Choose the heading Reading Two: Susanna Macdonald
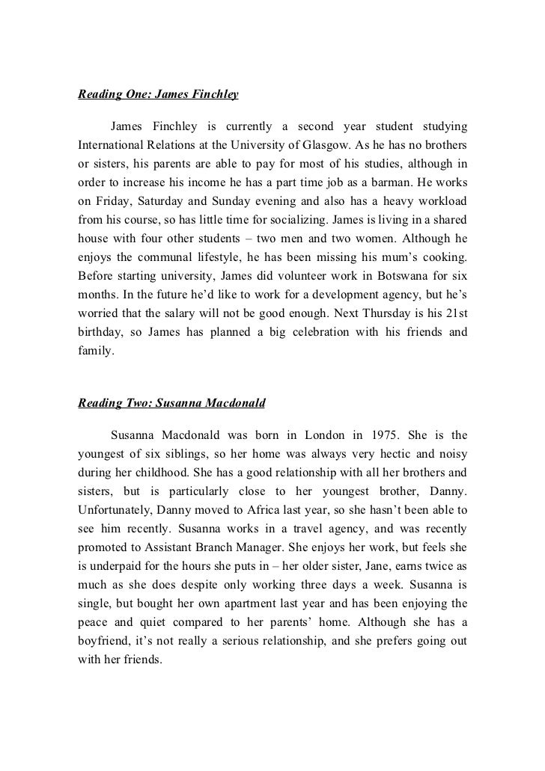[172, 402]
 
